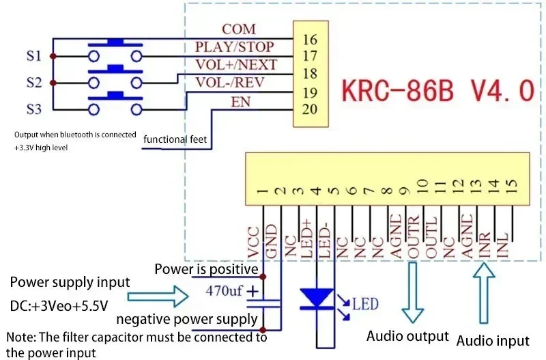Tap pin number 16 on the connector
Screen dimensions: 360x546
coord(310,40)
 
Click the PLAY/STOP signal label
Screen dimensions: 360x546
coord(234,47)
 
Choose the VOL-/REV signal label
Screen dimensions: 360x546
coord(230,83)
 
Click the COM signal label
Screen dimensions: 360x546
coord(238,29)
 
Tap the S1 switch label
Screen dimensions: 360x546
coord(34,55)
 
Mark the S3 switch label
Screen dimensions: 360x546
coord(34,109)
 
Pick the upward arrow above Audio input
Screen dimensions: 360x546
coord(483,294)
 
